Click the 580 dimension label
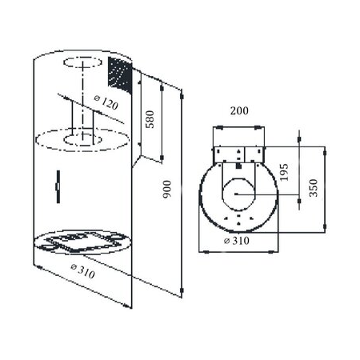point(150,119)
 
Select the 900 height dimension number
point(167,189)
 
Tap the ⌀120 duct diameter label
point(106,102)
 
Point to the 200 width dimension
point(239,110)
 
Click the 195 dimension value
point(284,172)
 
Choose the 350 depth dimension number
point(314,188)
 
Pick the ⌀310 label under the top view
point(237,241)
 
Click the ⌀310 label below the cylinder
point(82,270)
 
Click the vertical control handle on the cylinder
point(58,186)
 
